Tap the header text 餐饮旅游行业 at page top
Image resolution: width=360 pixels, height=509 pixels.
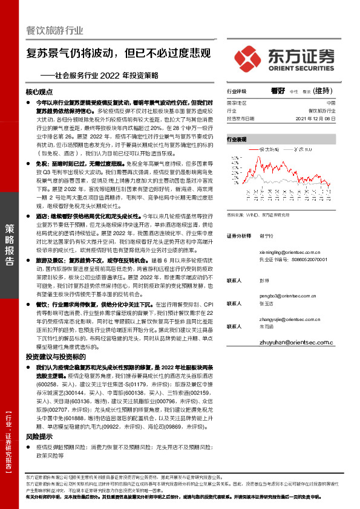click(x=54, y=30)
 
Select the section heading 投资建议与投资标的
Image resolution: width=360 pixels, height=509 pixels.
click(x=56, y=358)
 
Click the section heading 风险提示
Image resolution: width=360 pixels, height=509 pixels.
click(x=39, y=436)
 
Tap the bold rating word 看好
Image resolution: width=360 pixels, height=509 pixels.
click(x=278, y=90)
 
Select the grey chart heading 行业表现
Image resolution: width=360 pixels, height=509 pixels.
click(x=237, y=139)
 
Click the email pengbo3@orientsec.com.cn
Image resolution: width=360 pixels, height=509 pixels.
click(x=289, y=296)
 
